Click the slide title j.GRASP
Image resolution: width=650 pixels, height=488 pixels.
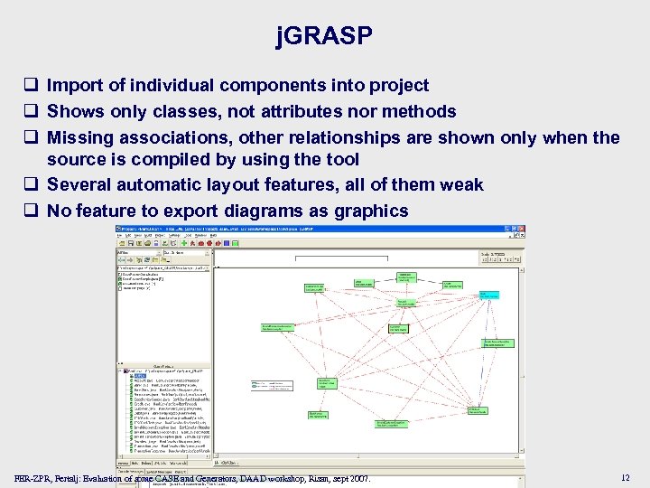pyautogui.click(x=324, y=36)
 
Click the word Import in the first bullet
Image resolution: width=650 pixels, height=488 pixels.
pyautogui.click(x=74, y=86)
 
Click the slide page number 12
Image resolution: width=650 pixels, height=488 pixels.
pyautogui.click(x=626, y=477)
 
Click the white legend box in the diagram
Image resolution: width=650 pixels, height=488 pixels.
pyautogui.click(x=273, y=385)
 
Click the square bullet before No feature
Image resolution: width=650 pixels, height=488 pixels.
pyautogui.click(x=31, y=211)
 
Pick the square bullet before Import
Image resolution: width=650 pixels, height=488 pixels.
pyautogui.click(x=31, y=87)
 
